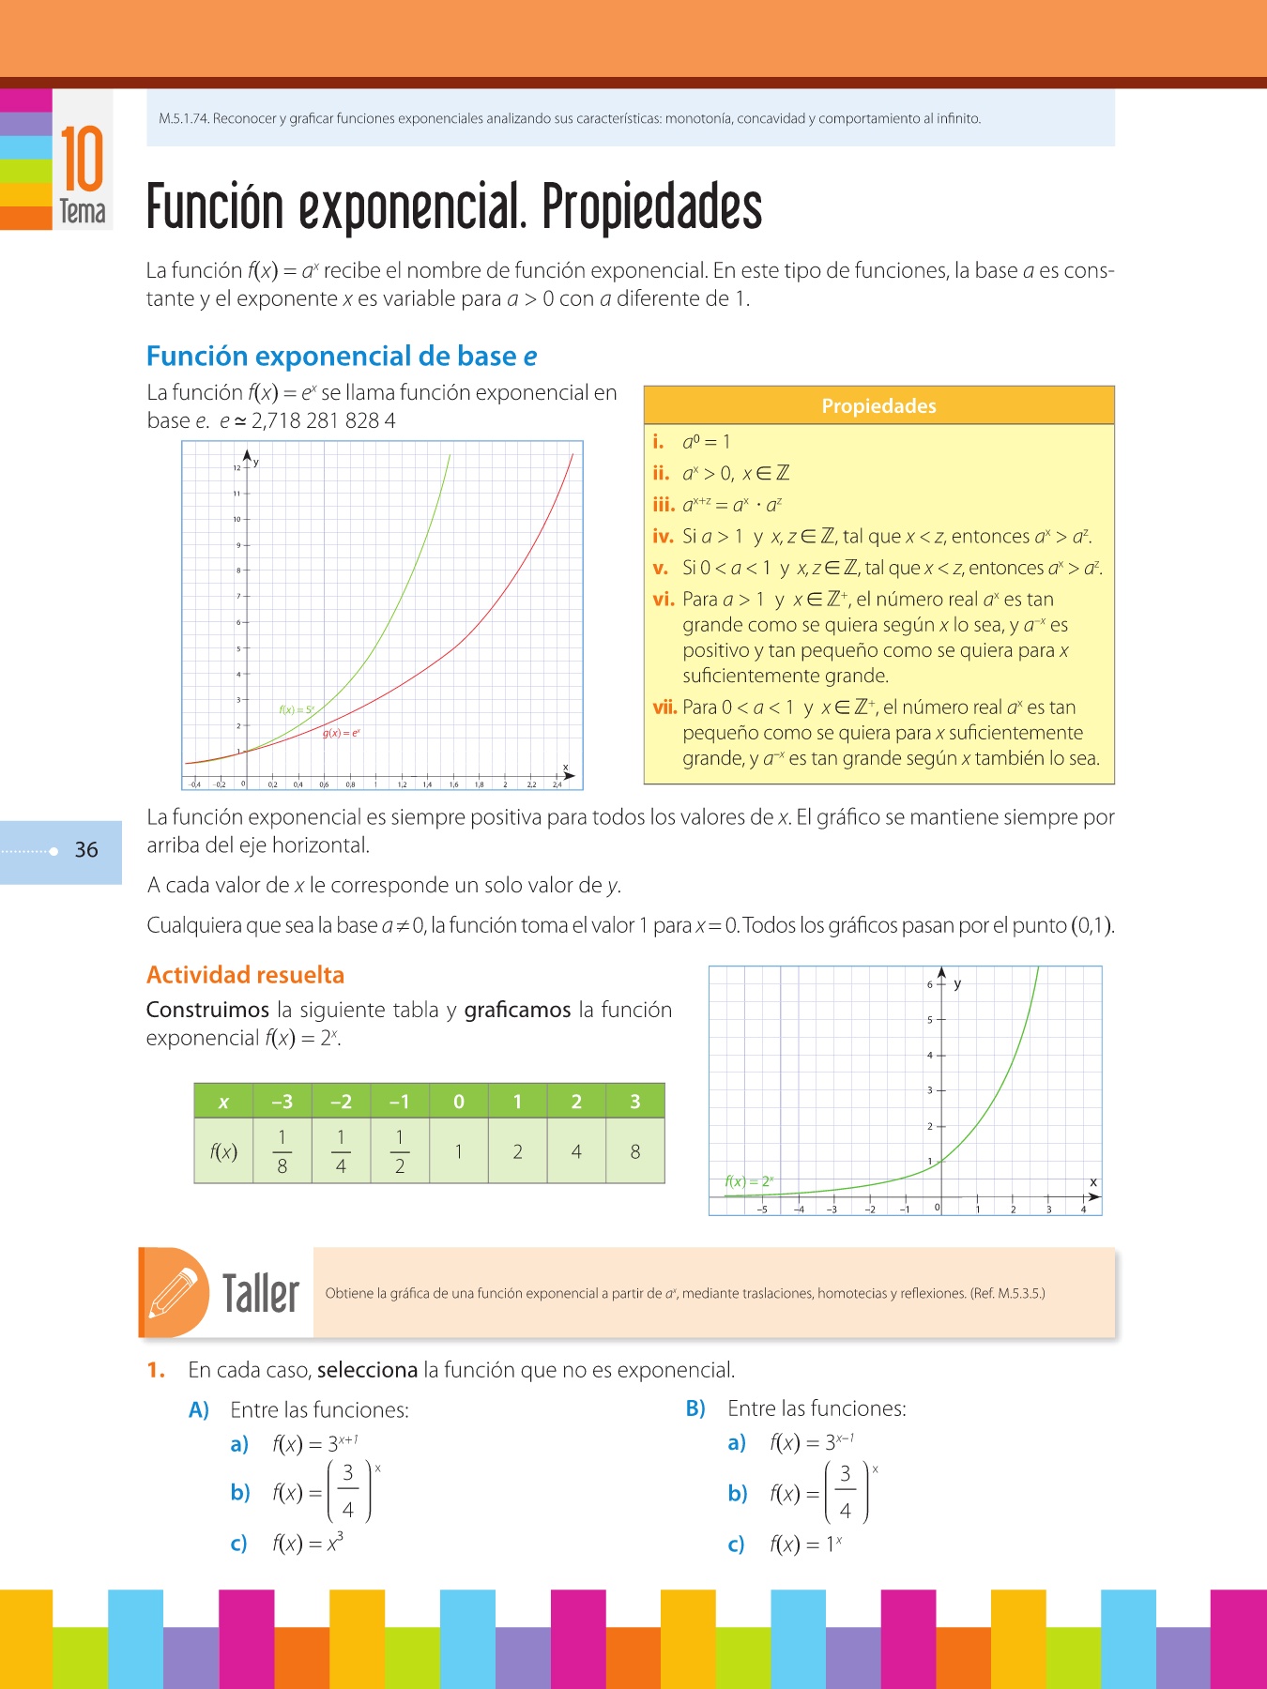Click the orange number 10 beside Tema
(x=82, y=160)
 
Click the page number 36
(x=86, y=850)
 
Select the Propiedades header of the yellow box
(x=878, y=405)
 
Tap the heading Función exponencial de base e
(x=342, y=357)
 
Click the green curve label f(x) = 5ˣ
(x=297, y=709)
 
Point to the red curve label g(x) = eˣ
(x=342, y=733)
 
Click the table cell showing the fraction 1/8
(x=282, y=1151)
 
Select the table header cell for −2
(x=341, y=1102)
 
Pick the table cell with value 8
(x=635, y=1151)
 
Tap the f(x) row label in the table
(x=223, y=1151)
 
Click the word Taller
(x=261, y=1294)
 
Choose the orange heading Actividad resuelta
(x=245, y=975)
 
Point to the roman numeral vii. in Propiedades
(x=664, y=708)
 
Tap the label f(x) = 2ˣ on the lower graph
(x=749, y=1181)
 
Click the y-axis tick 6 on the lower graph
(x=930, y=984)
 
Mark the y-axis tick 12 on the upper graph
(x=237, y=467)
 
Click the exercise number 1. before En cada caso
(x=156, y=1370)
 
